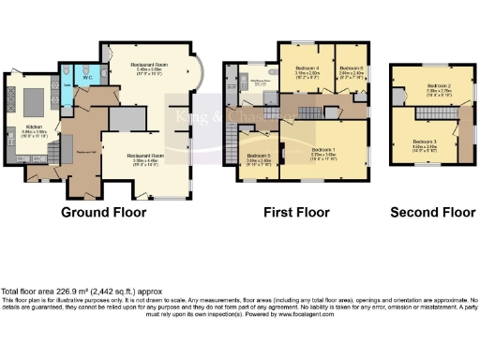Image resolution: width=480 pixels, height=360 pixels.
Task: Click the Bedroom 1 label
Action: pos(323,150)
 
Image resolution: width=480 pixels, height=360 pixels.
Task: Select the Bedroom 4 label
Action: pos(307,68)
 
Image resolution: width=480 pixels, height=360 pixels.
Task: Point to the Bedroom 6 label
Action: pos(352,67)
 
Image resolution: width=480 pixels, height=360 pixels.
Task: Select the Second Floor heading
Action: pos(432,212)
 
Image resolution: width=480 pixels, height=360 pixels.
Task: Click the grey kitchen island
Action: pos(36,98)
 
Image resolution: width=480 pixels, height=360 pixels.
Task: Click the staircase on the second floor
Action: pos(433,112)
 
